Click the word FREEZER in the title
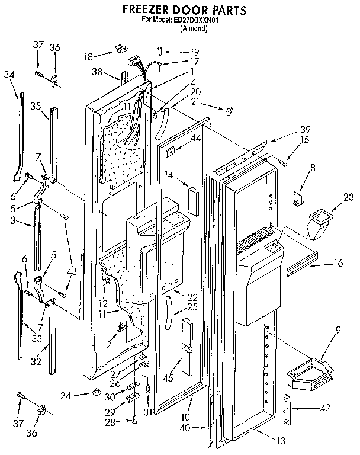pyautogui.click(x=146, y=10)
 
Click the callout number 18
pyautogui.click(x=88, y=57)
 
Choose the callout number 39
pyautogui.click(x=288, y=130)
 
